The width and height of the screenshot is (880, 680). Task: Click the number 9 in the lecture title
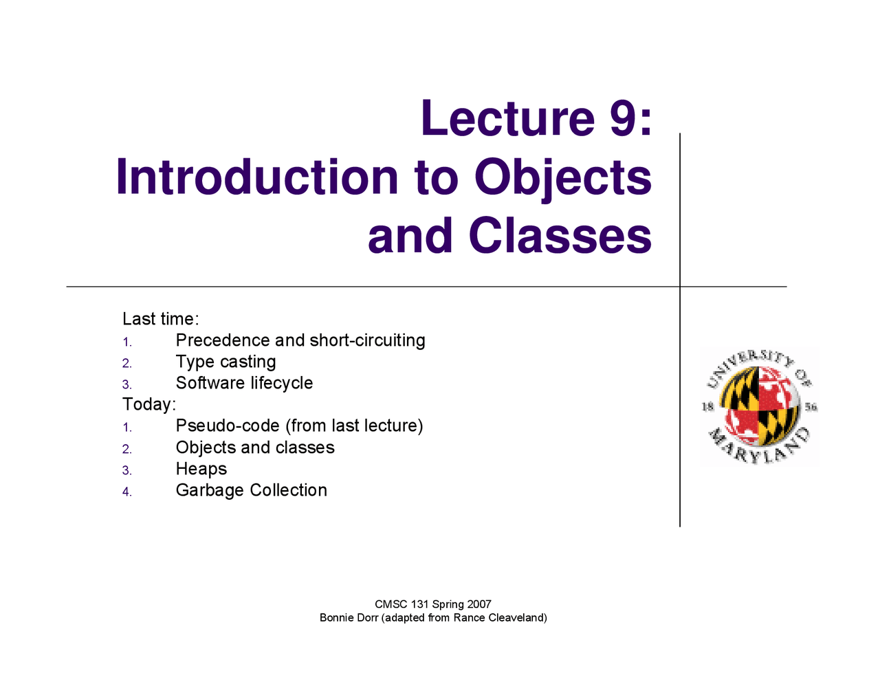point(622,118)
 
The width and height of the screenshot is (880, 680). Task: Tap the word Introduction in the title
point(257,177)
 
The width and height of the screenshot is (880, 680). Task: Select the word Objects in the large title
point(563,180)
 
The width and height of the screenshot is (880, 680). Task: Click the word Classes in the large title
point(560,235)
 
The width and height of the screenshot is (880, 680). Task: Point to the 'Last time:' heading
point(161,319)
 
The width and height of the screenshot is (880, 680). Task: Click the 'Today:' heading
point(149,404)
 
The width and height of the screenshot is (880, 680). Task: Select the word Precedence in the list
point(223,340)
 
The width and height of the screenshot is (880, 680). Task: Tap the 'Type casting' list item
point(226,362)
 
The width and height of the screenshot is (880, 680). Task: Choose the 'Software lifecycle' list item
point(245,383)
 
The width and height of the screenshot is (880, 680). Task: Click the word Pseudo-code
point(228,426)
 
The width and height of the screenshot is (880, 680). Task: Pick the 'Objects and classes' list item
point(255,448)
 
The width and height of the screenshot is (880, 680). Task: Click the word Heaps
point(201,470)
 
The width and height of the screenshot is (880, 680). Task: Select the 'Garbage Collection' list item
point(252,490)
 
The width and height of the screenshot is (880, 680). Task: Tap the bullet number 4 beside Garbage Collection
point(126,492)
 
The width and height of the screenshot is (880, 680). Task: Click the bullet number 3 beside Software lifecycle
point(126,384)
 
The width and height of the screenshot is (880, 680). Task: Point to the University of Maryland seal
point(759,406)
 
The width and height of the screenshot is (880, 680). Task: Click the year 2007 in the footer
point(478,604)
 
